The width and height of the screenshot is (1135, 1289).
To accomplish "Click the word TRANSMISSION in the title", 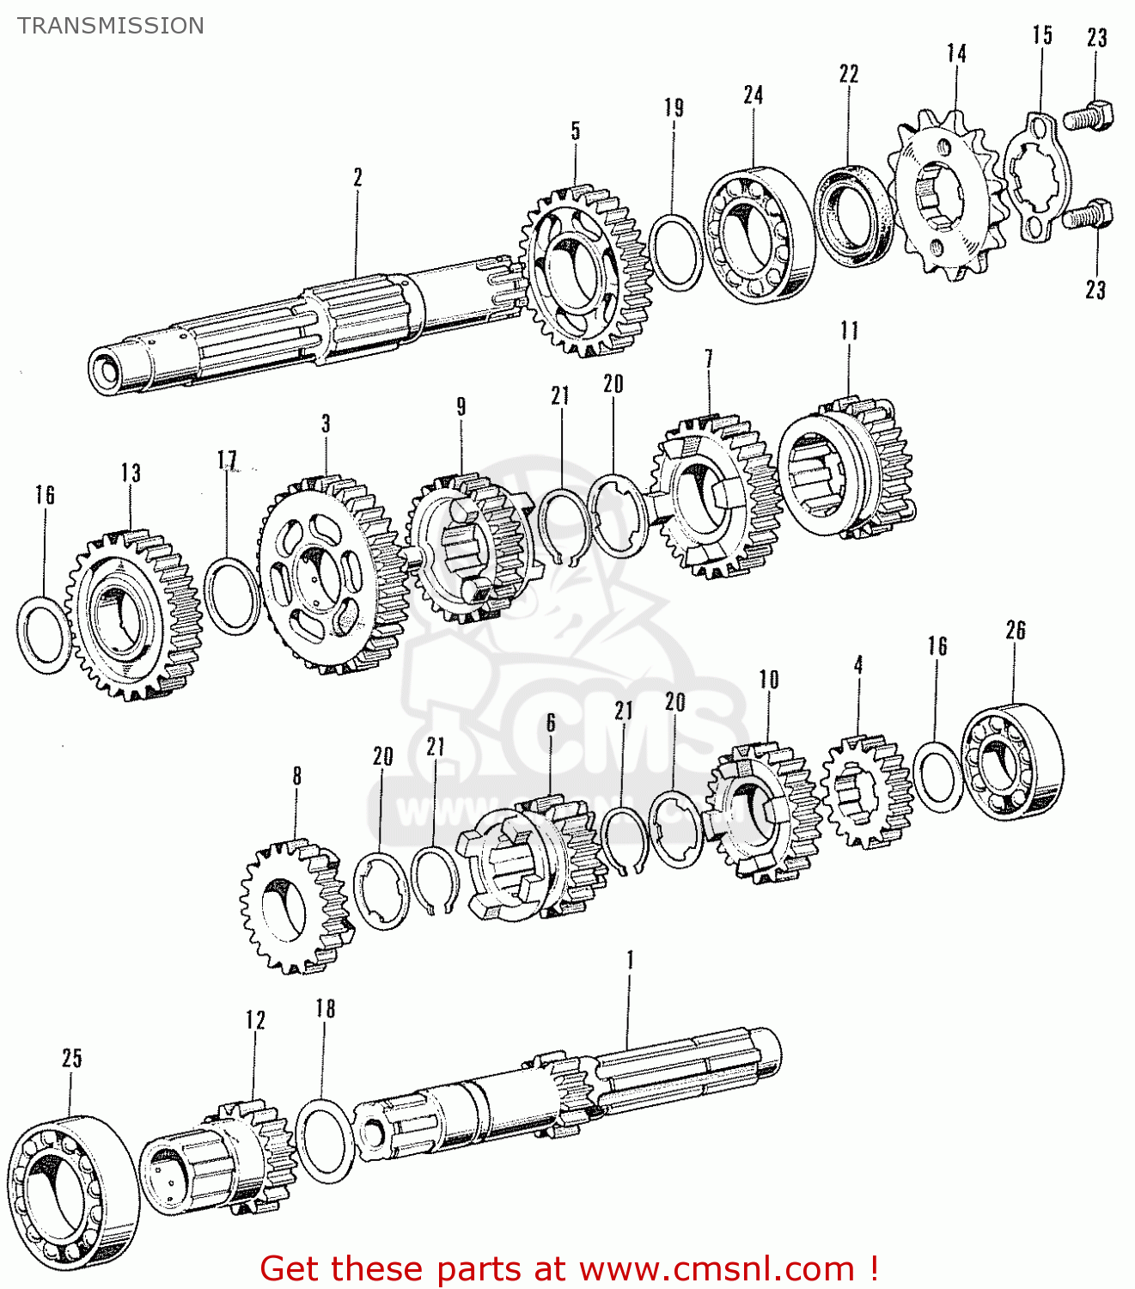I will (111, 26).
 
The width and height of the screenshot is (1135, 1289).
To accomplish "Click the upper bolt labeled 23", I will (1090, 115).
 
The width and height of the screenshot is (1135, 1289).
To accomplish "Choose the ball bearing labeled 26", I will (1011, 761).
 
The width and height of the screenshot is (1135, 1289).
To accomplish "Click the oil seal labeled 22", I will (854, 215).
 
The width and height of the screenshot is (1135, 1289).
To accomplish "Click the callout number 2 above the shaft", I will (357, 177).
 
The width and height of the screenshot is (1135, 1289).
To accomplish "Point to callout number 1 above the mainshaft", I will (630, 960).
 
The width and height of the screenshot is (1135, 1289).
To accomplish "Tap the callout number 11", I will (849, 330).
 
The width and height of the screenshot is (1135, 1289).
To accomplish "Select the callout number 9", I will (461, 406).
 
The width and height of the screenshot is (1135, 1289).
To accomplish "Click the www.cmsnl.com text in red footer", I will (717, 1268).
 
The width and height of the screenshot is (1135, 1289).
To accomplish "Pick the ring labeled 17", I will (232, 596).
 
